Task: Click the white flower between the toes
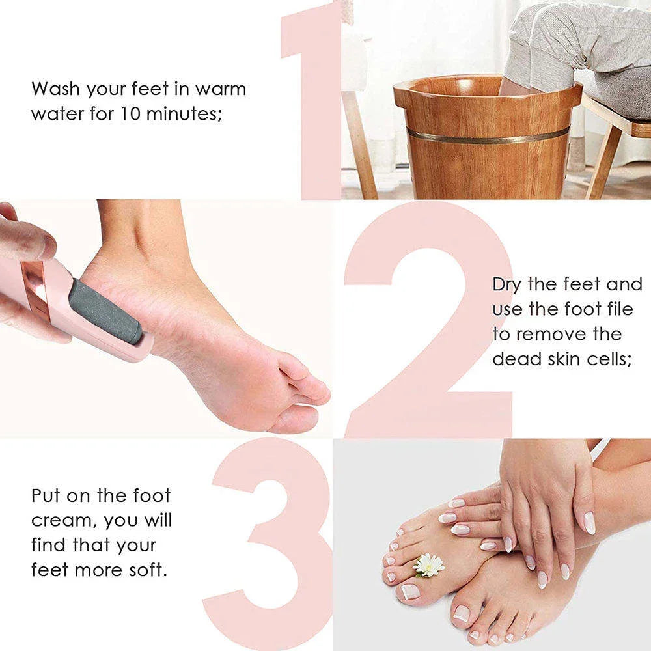429,564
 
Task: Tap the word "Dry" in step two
508,284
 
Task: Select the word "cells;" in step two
609,359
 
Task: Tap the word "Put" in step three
46,495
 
